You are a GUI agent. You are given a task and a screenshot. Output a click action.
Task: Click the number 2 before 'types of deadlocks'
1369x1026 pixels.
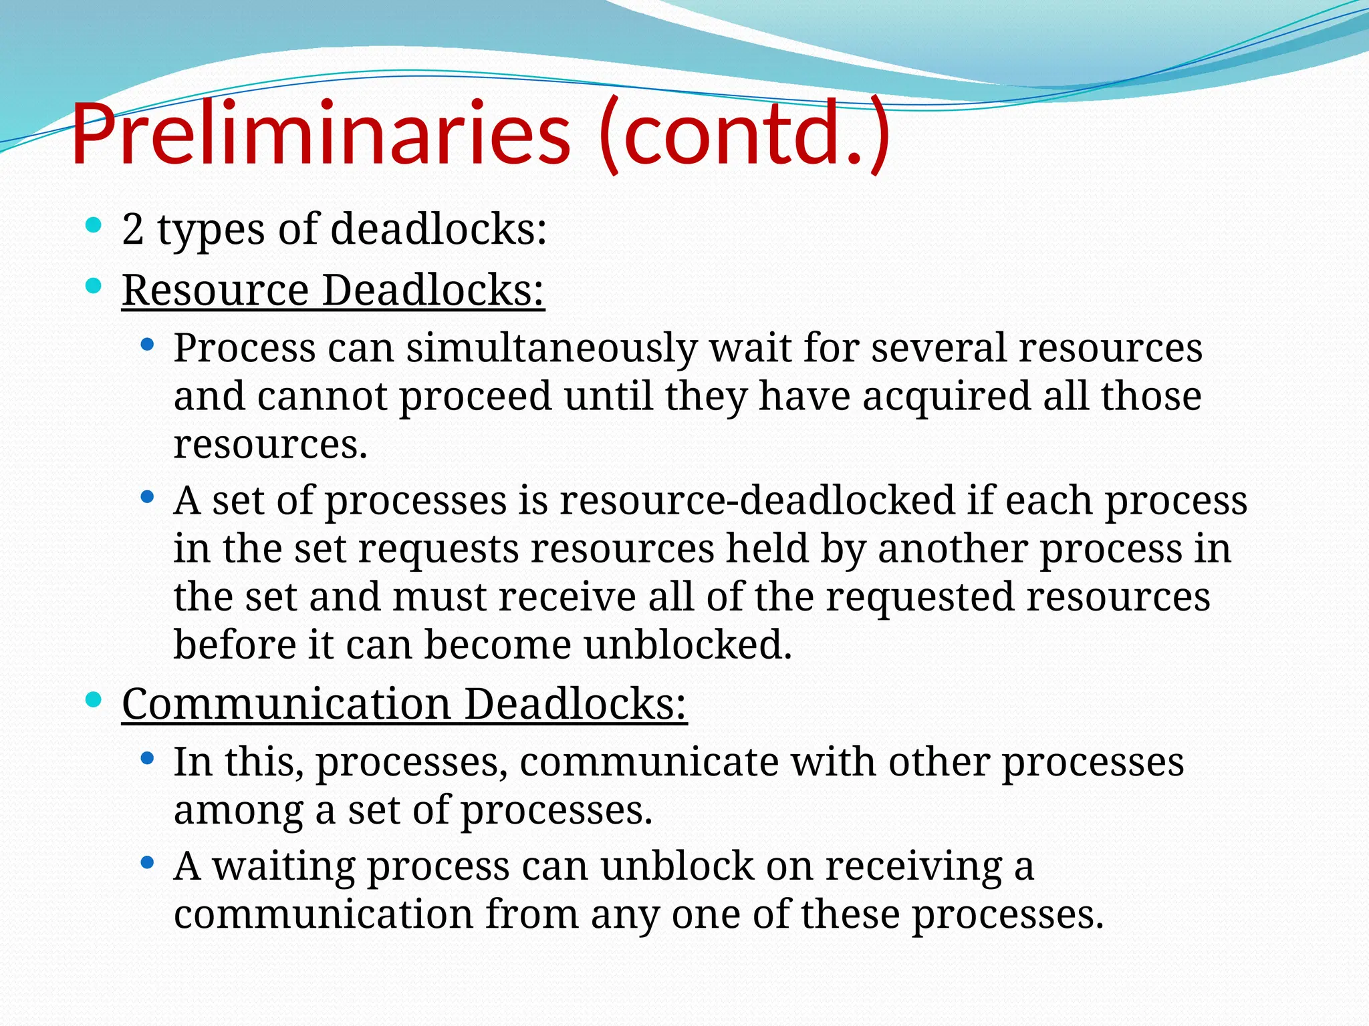tap(133, 230)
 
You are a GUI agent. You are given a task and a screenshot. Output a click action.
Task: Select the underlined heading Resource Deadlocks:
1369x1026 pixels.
tap(333, 291)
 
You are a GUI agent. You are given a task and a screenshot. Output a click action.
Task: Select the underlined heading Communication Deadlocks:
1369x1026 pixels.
tap(404, 704)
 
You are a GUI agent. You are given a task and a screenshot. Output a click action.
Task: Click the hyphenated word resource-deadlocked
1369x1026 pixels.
tap(757, 500)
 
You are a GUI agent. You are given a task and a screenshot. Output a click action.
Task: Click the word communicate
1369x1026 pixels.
tap(649, 762)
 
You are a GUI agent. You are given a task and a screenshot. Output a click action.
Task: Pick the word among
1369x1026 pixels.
tap(238, 810)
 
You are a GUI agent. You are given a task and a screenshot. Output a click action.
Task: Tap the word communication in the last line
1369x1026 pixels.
tap(324, 914)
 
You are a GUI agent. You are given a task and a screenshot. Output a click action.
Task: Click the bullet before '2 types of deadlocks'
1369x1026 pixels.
tap(94, 225)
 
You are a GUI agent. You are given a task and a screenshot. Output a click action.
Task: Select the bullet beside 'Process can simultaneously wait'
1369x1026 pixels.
tap(148, 345)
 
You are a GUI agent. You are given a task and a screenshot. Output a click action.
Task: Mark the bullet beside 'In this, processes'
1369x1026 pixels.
tap(148, 759)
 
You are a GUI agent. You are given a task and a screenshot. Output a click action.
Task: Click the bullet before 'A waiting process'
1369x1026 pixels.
tap(148, 863)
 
